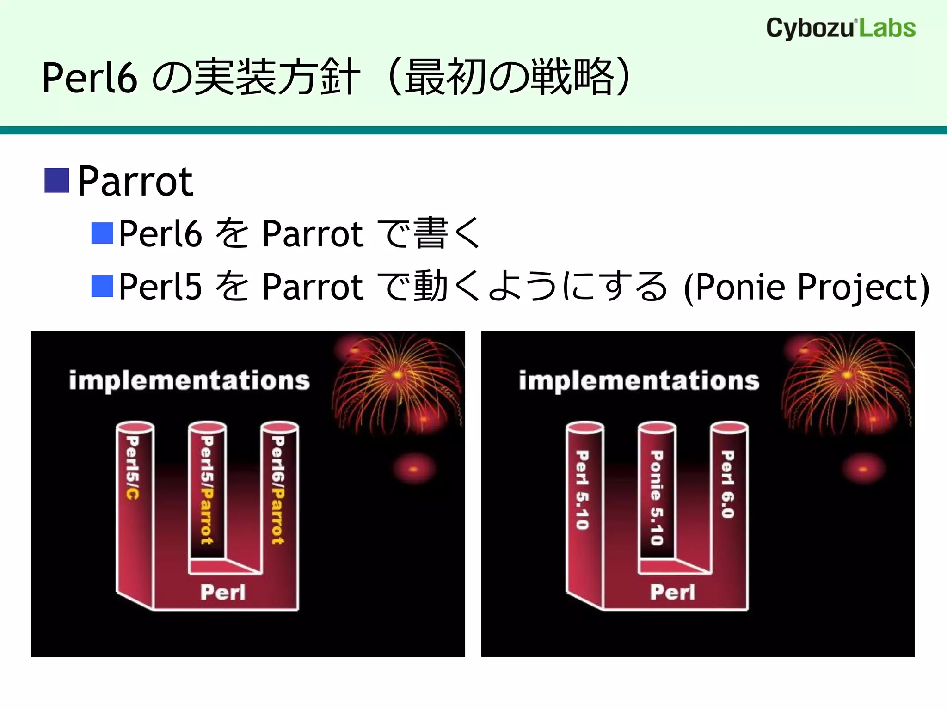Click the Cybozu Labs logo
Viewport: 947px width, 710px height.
(x=841, y=28)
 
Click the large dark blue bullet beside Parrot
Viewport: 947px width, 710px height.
(x=57, y=180)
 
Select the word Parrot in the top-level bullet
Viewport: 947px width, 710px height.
(x=135, y=181)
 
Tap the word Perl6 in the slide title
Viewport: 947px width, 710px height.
(x=90, y=78)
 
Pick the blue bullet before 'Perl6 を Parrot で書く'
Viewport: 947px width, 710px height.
(x=102, y=233)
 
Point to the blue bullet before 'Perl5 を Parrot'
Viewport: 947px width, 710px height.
(x=102, y=286)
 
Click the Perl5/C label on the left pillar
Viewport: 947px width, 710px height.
(x=132, y=467)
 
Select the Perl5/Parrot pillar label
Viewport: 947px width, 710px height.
(x=206, y=490)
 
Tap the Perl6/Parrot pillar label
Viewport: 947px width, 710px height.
(x=277, y=490)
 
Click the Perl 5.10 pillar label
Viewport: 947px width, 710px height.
(x=582, y=490)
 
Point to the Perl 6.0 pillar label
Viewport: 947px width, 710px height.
(x=727, y=484)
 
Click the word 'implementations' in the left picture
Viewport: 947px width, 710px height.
(x=189, y=381)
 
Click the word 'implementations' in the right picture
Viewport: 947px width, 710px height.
(x=639, y=381)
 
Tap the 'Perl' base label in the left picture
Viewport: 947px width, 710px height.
(x=223, y=592)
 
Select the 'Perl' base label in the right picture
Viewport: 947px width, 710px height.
(x=672, y=592)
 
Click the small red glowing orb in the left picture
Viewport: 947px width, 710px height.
(x=413, y=469)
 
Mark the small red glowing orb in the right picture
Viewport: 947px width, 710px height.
(x=863, y=469)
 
